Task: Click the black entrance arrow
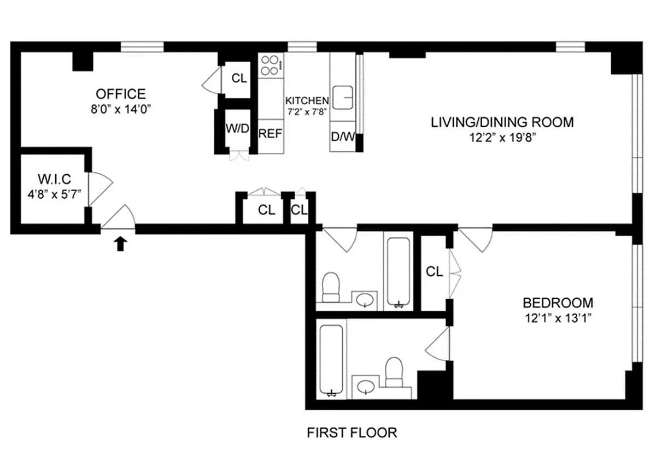(x=120, y=244)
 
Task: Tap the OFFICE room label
(x=121, y=94)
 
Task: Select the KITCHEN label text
(x=307, y=100)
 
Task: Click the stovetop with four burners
(x=271, y=65)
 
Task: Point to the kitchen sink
(x=343, y=97)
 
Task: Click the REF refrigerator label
(x=270, y=134)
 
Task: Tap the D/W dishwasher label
(x=343, y=137)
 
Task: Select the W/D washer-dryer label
(x=237, y=128)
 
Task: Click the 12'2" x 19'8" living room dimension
(x=502, y=137)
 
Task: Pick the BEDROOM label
(x=558, y=303)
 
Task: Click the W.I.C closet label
(x=55, y=179)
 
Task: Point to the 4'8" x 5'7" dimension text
(x=55, y=194)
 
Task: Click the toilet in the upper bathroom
(x=331, y=287)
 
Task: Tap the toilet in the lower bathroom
(x=394, y=372)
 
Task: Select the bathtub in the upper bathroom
(x=399, y=272)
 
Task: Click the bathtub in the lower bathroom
(x=331, y=360)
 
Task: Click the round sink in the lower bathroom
(x=366, y=387)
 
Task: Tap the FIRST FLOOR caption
(x=352, y=432)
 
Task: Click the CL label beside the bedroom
(x=434, y=272)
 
